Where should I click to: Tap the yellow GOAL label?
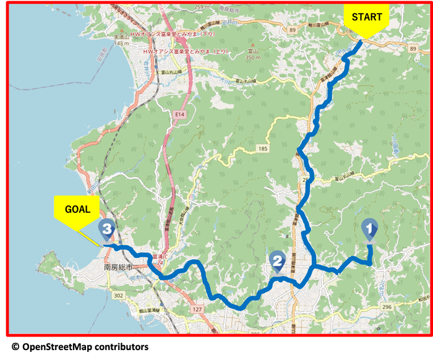[x=77, y=209]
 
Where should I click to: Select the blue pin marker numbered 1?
[x=369, y=230]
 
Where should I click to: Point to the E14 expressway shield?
[x=180, y=114]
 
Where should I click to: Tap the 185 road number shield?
[x=262, y=149]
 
